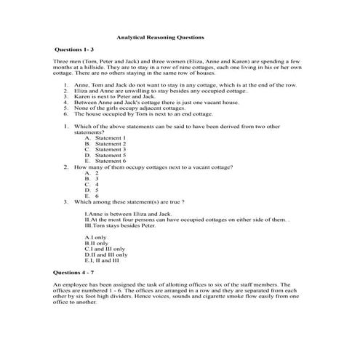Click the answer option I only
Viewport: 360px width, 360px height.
95,238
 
